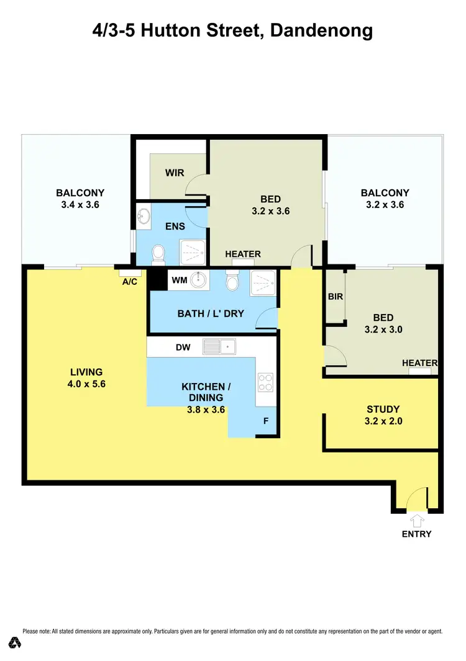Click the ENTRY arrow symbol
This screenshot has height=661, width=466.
416,520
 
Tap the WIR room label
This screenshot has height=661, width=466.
175,173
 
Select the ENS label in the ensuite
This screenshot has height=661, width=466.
175,227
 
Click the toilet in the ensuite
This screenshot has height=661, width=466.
158,253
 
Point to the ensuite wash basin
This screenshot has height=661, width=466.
144,217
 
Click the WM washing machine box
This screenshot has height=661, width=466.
179,281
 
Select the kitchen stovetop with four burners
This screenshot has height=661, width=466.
265,382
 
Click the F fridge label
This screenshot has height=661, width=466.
266,421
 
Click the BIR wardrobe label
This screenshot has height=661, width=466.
336,297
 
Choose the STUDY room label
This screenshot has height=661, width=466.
383,410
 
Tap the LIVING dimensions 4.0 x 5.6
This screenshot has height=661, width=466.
86,384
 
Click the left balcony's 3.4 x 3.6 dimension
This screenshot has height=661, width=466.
80,204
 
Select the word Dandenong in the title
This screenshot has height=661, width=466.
321,30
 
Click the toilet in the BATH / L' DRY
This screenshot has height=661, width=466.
233,282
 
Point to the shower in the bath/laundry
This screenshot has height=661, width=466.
263,282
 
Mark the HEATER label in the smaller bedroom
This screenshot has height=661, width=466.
420,363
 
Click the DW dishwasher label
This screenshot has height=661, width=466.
183,348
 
